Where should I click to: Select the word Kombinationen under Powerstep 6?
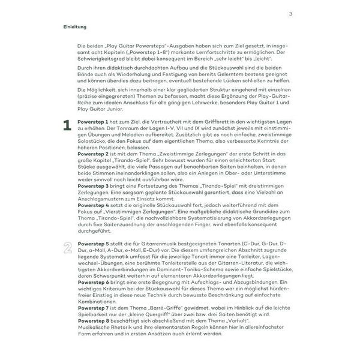pyautogui.click(x=97, y=300)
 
